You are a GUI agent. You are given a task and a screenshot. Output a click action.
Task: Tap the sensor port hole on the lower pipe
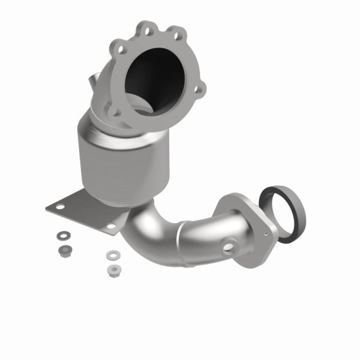coord(230,247)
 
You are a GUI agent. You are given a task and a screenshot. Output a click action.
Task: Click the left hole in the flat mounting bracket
coord(58,206)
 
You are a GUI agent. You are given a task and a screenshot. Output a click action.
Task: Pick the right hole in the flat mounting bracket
coord(110,227)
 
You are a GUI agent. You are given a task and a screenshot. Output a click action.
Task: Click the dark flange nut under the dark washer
coord(62,248)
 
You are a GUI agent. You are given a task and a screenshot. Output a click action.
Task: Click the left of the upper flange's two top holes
coord(143,26)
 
